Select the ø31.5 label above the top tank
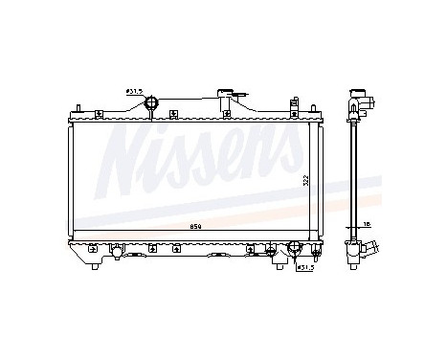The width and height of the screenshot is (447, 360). (133, 91)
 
